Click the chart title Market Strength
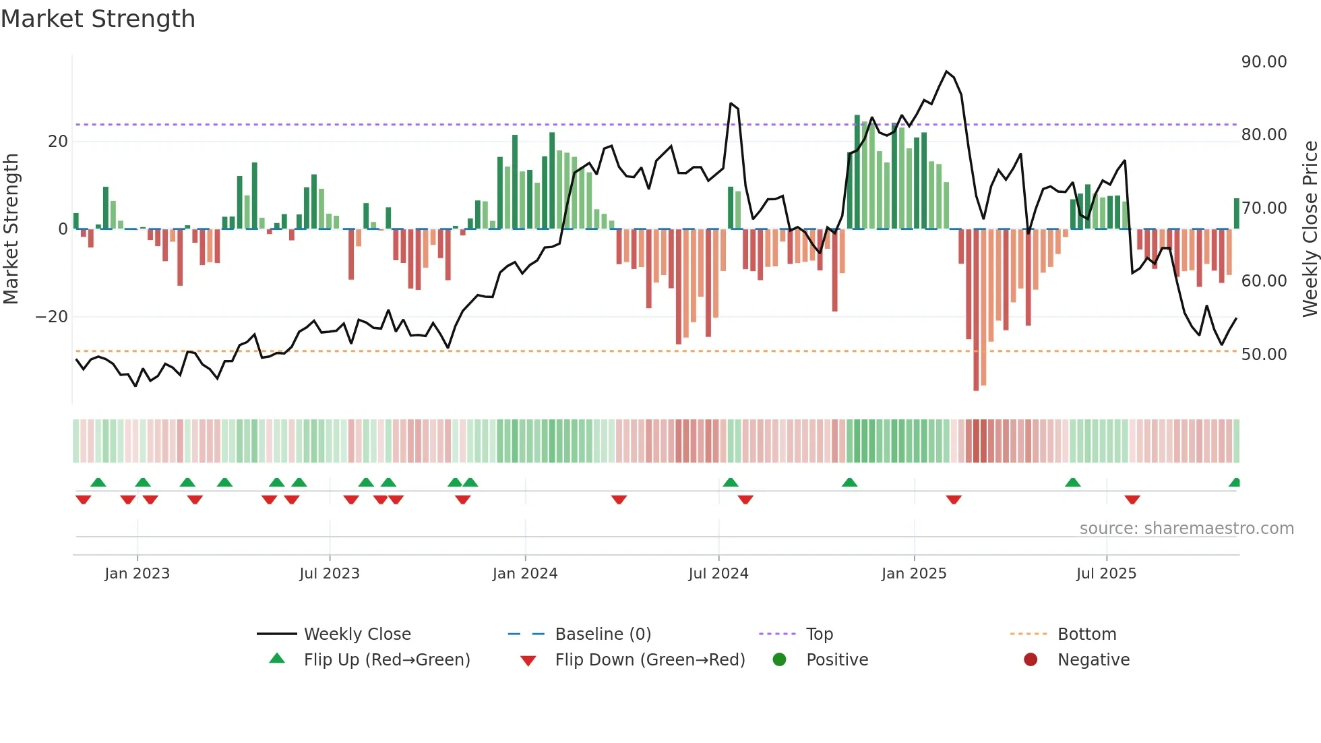tap(98, 19)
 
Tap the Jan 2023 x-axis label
tap(137, 574)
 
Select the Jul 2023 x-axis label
tap(330, 574)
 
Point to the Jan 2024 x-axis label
tap(525, 574)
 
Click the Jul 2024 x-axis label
tap(718, 574)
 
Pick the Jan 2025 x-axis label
tap(914, 574)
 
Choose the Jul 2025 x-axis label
tap(1106, 574)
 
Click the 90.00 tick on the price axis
tap(1264, 62)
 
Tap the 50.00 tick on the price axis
tap(1264, 355)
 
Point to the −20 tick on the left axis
tap(52, 317)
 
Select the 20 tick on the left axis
tap(58, 142)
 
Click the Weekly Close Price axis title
tap(1310, 229)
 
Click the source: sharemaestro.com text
tap(1186, 529)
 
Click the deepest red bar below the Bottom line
tap(976, 378)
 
